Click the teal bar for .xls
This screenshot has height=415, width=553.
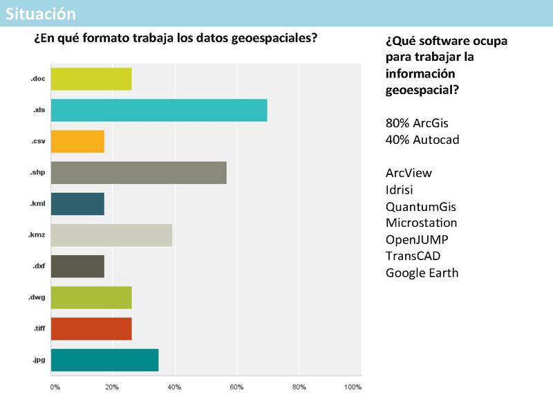click(159, 110)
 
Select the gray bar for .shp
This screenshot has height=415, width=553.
click(138, 172)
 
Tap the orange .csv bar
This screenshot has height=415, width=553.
click(77, 141)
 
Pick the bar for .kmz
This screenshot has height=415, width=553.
click(111, 235)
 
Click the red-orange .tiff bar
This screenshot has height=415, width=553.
click(91, 329)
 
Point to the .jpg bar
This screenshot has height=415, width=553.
click(104, 360)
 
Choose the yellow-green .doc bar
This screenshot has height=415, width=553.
click(91, 79)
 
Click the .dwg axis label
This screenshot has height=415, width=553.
click(37, 297)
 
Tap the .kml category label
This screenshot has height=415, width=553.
click(37, 203)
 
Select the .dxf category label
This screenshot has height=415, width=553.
click(38, 266)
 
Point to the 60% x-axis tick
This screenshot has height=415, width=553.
click(236, 387)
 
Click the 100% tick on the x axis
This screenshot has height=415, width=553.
click(353, 387)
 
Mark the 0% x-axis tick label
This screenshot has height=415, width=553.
click(55, 387)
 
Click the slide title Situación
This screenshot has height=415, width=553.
click(41, 13)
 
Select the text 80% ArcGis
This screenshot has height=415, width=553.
click(417, 124)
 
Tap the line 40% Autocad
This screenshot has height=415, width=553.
click(422, 140)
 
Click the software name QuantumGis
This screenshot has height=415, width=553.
click(420, 207)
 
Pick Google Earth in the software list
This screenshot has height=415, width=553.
click(422, 273)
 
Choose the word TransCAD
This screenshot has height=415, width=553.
click(413, 257)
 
